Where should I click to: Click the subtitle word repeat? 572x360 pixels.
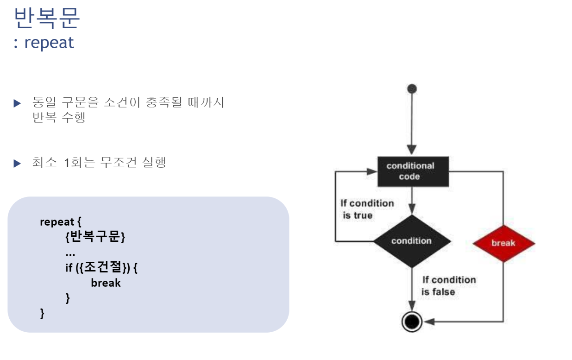pos(49,43)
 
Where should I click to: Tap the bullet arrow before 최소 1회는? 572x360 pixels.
pos(18,163)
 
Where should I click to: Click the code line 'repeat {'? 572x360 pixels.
pos(61,221)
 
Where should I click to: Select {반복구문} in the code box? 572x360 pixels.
pos(95,237)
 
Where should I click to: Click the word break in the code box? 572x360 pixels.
pos(106,283)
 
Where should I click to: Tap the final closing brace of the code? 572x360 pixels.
pos(43,314)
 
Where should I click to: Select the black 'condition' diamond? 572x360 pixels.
pos(411,241)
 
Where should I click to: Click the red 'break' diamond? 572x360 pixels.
pos(503,243)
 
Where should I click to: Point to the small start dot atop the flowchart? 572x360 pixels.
pos(411,89)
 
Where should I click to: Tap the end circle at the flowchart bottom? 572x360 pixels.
pos(411,321)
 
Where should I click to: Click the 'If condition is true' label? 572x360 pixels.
pos(367,209)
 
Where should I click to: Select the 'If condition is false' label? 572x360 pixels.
pos(448,286)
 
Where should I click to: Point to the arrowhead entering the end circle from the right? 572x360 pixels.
pos(427,321)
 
